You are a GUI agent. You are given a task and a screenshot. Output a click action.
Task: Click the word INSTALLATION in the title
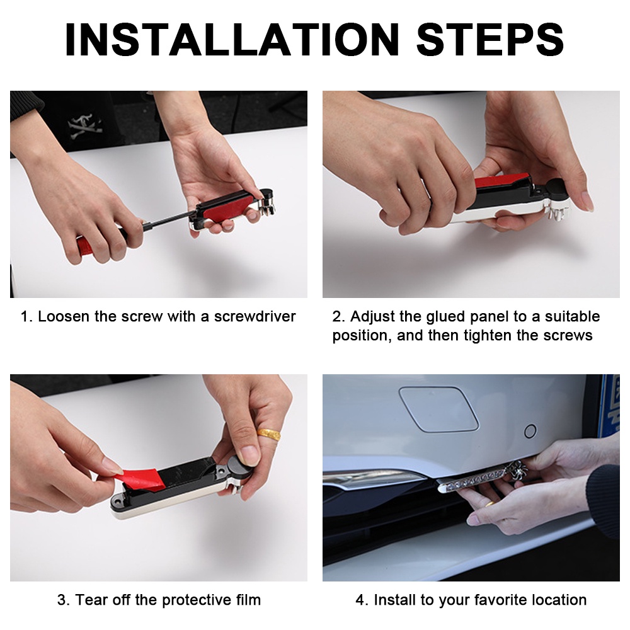pos(232,39)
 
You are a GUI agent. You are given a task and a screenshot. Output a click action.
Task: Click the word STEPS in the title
pos(490,39)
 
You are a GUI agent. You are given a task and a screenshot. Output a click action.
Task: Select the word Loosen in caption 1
pos(64,317)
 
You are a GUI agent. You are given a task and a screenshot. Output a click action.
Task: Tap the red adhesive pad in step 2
pos(502,181)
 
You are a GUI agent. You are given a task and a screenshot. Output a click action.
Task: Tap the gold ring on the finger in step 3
pos(269,434)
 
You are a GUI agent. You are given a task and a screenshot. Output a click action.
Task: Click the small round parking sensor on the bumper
pos(530,431)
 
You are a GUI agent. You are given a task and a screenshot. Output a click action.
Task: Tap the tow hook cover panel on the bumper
pos(438,408)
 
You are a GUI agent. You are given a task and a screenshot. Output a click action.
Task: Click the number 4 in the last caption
pos(360,600)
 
